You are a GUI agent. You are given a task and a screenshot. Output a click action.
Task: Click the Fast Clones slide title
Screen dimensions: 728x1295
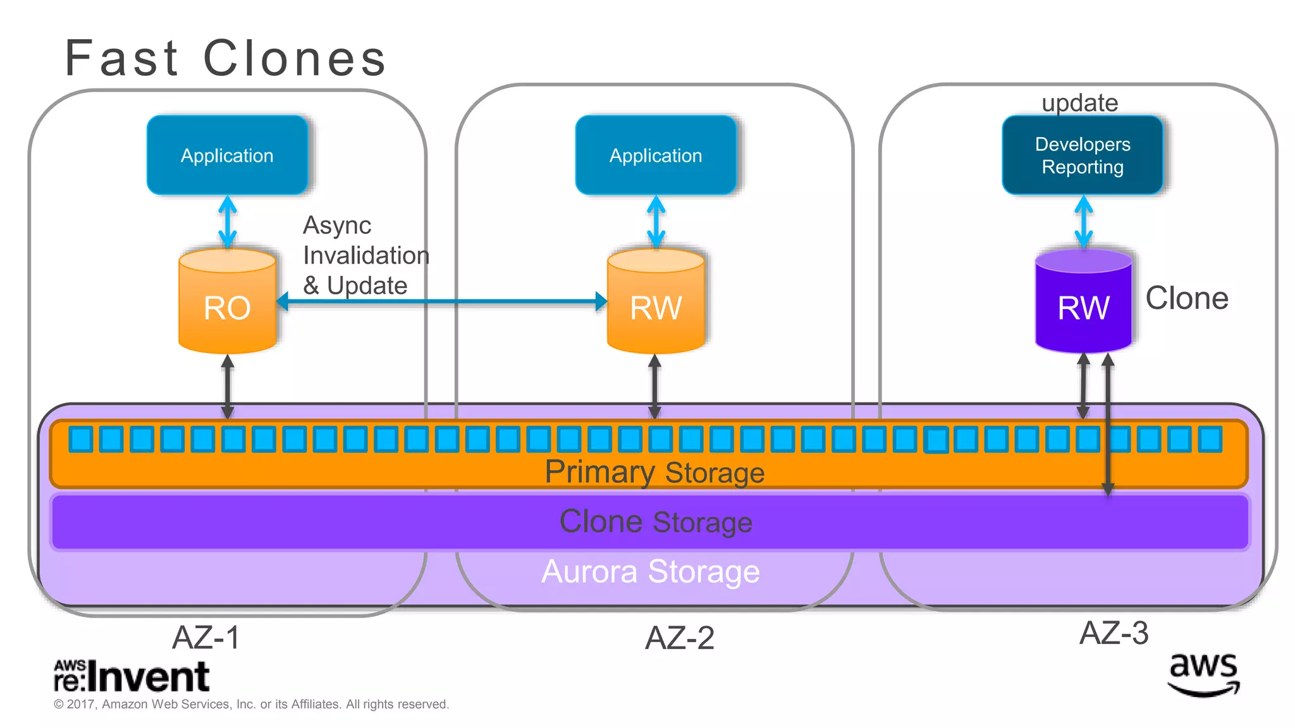click(x=225, y=58)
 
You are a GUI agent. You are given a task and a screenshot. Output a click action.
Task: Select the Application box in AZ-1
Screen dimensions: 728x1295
click(x=227, y=155)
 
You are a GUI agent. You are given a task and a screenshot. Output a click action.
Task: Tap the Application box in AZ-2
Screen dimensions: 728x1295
click(x=656, y=155)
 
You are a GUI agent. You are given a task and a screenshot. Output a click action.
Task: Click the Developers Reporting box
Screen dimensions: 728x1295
click(x=1083, y=155)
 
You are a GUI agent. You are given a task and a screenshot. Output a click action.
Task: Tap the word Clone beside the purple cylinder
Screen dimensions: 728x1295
click(x=1187, y=298)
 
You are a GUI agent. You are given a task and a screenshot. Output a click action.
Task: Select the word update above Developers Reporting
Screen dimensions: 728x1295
click(x=1079, y=102)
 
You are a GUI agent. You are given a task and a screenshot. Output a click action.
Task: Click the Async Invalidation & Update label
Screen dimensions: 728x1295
click(x=365, y=255)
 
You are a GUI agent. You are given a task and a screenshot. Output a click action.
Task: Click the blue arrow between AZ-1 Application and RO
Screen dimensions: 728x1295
click(x=228, y=221)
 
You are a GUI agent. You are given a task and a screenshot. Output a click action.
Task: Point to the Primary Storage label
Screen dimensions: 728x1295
click(x=654, y=472)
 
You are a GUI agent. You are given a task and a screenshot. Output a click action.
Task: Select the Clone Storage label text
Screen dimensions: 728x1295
click(x=656, y=522)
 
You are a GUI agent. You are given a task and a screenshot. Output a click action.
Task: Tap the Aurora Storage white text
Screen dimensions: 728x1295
click(x=651, y=571)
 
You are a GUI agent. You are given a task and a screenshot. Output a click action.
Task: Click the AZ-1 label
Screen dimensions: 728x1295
click(x=206, y=637)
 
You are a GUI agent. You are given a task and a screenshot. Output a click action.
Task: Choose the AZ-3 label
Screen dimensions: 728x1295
click(x=1114, y=633)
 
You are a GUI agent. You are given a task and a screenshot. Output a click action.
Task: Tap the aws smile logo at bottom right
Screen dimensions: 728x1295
click(x=1203, y=675)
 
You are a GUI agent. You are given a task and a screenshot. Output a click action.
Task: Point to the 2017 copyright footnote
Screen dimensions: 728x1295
click(x=251, y=704)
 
